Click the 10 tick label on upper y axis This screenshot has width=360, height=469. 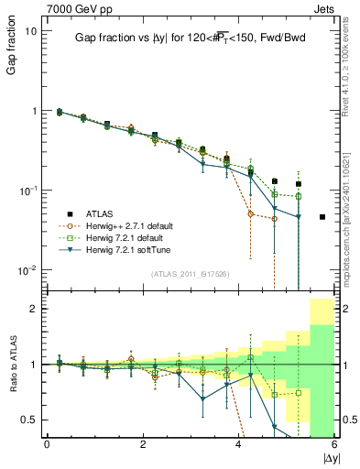30,31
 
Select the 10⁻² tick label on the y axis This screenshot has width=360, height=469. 28,270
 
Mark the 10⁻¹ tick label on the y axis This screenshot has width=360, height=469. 28,191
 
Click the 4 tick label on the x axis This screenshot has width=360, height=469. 238,445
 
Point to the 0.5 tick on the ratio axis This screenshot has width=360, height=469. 29,420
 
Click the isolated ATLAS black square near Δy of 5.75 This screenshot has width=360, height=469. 322,217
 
